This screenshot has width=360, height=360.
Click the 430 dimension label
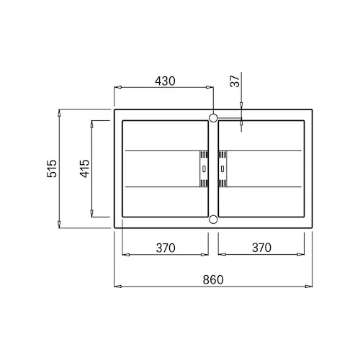[165, 81]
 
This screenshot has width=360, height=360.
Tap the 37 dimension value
[235, 81]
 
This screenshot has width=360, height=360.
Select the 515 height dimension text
[52, 168]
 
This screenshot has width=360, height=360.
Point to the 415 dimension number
[85, 168]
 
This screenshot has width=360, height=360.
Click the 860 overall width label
[213, 280]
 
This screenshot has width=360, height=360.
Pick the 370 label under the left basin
[166, 248]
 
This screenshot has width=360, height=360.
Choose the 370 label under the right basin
[261, 248]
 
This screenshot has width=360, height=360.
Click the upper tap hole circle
[213, 118]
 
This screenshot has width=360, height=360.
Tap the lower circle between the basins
[213, 219]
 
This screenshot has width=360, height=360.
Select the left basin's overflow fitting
[204, 168]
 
